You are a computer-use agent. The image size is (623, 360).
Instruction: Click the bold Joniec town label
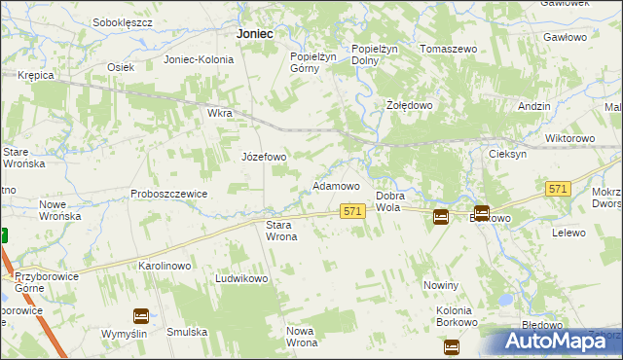[254, 33]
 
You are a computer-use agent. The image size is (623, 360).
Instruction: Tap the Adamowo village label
[336, 185]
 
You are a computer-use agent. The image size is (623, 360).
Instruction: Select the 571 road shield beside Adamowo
[352, 211]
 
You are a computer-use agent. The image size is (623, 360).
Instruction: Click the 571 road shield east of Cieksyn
[558, 190]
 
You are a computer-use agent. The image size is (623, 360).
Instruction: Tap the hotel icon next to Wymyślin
[140, 315]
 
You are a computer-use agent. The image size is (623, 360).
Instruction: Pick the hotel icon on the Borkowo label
[481, 213]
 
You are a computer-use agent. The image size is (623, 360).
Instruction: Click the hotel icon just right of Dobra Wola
[441, 216]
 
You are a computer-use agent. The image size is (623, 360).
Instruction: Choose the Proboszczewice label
[169, 194]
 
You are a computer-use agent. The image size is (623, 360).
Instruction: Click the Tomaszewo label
[448, 48]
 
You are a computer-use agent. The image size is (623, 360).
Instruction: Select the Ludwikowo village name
[241, 278]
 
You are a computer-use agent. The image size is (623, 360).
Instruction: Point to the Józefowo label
[264, 157]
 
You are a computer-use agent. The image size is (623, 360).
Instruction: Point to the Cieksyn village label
[507, 154]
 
